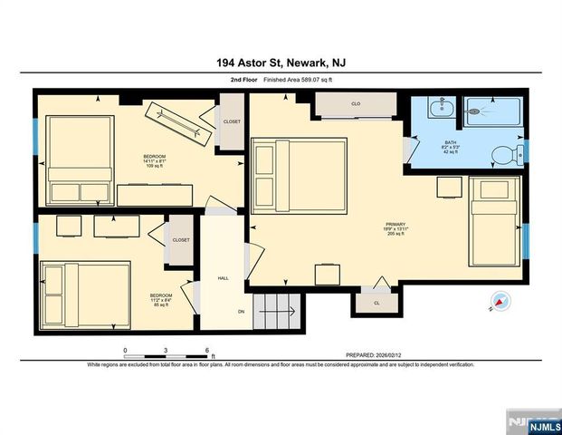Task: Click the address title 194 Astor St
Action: tap(281, 63)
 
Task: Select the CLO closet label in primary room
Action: tap(357, 105)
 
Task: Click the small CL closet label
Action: tap(376, 303)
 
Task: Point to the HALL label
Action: tap(223, 278)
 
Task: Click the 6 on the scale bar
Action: tap(207, 350)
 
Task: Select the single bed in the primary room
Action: tap(494, 221)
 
